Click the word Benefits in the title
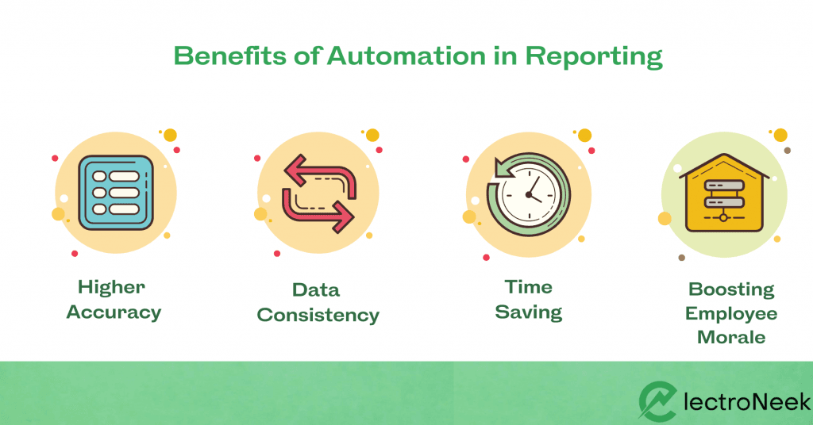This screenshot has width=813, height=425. tap(229, 56)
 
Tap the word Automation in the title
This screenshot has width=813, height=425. tap(406, 56)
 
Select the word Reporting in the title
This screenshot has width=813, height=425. tap(594, 57)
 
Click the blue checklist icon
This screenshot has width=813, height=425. tap(116, 193)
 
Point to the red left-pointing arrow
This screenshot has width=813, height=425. tap(321, 177)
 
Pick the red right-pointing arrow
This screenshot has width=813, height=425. tap(318, 210)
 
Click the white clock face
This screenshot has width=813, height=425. tap(529, 195)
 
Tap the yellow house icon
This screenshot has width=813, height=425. tap(724, 193)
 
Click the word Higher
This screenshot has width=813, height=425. tap(111, 287)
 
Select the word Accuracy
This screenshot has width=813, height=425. tap(114, 312)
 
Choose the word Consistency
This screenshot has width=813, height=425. tap(318, 316)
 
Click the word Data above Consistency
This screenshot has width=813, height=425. tap(316, 290)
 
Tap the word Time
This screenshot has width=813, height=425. tap(528, 287)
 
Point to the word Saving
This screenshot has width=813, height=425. tap(528, 312)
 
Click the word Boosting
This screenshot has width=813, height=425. tap(731, 289)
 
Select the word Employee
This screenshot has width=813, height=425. tap(731, 314)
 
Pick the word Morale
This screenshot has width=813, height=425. tap(731, 338)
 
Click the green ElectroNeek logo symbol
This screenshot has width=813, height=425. tap(657, 402)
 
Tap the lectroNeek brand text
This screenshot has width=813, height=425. tap(746, 402)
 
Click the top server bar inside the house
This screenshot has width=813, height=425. tap(724, 186)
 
